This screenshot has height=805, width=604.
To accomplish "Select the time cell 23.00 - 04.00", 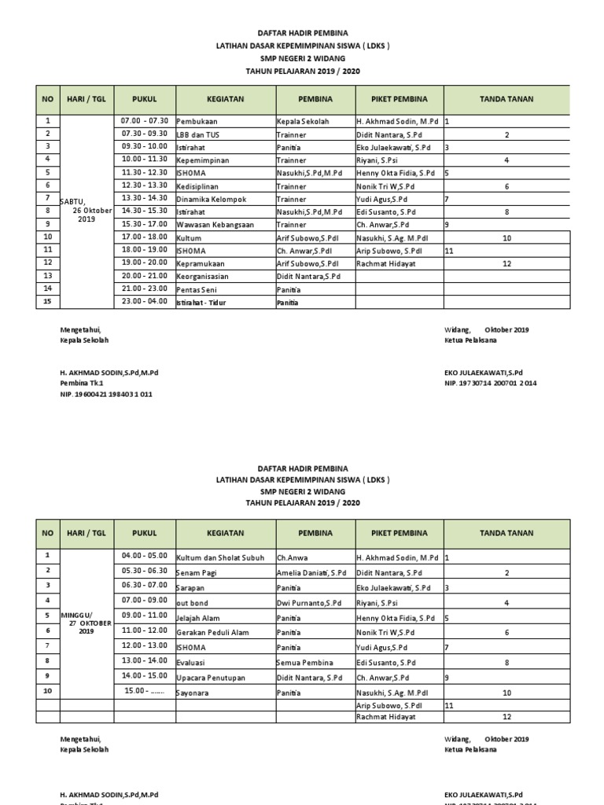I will pos(145,301).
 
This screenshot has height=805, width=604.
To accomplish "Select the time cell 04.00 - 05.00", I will pos(145,556).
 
